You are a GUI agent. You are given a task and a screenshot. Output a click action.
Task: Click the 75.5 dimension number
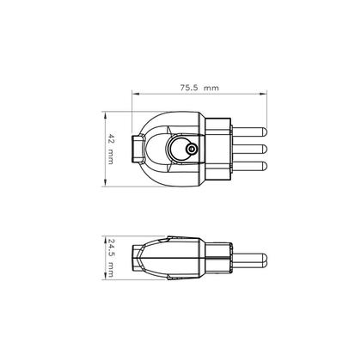coord(190,87)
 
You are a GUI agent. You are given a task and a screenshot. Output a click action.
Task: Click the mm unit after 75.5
coord(212,87)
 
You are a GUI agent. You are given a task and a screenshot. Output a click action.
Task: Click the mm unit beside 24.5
coord(113,268)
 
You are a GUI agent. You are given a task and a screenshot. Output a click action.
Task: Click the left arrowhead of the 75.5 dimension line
coord(135,94)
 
